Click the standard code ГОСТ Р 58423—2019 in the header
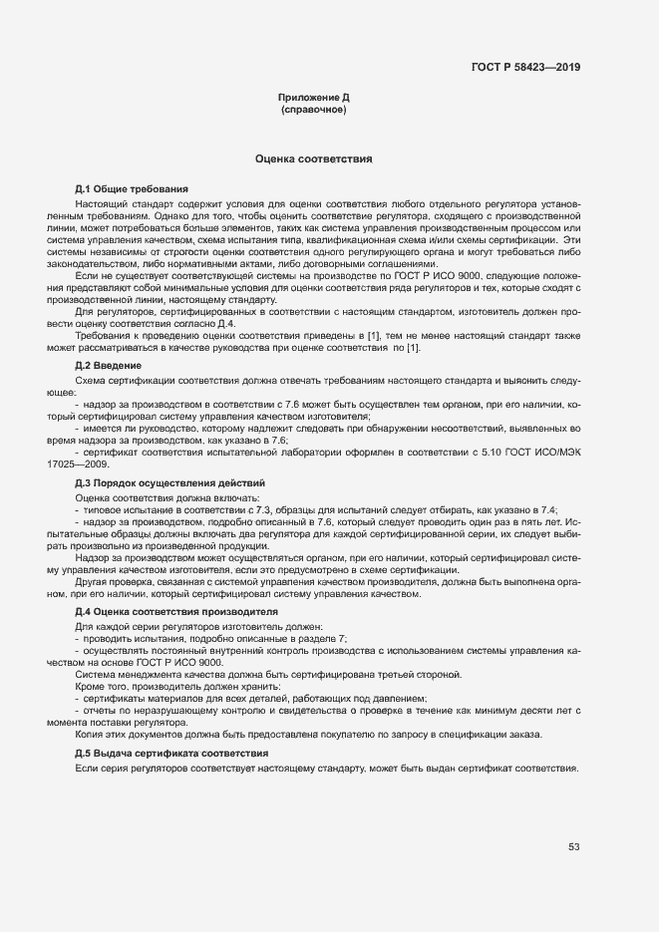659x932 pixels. [525, 68]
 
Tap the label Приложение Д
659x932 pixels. [313, 98]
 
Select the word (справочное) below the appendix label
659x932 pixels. [313, 110]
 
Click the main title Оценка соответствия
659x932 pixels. [313, 158]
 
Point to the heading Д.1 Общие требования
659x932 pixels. [132, 188]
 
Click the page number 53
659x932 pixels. [574, 847]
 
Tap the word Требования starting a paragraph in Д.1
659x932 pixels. [103, 334]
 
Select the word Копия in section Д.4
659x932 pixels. [90, 734]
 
